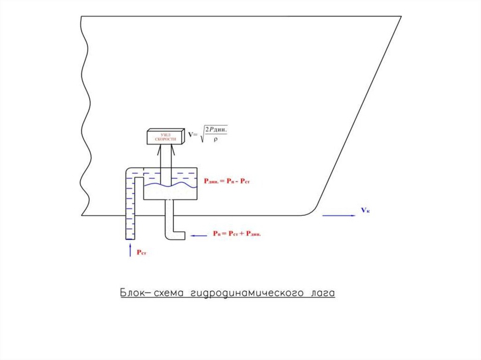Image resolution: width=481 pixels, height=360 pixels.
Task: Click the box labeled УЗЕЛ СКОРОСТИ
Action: [164, 136]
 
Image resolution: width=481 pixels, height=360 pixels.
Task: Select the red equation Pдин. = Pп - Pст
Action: [227, 181]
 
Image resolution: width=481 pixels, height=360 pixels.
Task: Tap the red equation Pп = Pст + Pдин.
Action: [236, 233]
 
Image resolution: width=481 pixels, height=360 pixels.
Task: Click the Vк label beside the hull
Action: [365, 210]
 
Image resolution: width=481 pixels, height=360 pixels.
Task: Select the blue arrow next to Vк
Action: [339, 215]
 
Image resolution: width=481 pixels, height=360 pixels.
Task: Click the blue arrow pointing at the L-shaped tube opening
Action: [198, 236]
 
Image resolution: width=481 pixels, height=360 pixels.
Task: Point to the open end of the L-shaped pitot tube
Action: [185, 236]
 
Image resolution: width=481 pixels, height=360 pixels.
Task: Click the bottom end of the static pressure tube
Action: [130, 238]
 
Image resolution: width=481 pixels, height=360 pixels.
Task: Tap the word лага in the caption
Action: [322, 293]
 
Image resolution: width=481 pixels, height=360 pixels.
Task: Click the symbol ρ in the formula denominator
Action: [215, 139]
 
